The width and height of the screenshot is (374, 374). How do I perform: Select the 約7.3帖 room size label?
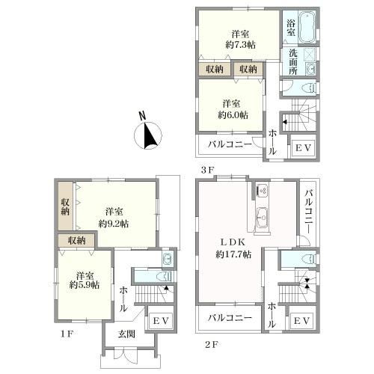(x=240, y=45)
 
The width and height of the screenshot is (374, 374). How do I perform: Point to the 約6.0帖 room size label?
(x=233, y=115)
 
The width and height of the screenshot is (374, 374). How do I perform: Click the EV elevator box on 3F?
(x=303, y=148)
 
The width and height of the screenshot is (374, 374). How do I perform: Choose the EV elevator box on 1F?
(x=161, y=321)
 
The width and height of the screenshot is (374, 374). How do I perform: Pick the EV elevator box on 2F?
(x=301, y=321)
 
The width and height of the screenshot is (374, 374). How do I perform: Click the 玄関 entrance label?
(x=126, y=334)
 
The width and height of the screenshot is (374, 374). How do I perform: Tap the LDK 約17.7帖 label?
(x=233, y=248)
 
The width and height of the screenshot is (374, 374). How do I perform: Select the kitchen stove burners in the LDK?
(x=263, y=190)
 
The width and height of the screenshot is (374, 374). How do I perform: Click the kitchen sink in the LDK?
(x=263, y=218)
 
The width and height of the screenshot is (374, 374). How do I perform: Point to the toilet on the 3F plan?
(x=309, y=88)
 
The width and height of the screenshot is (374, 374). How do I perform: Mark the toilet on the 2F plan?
(x=309, y=259)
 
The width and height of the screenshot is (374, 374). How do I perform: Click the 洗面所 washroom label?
(x=293, y=62)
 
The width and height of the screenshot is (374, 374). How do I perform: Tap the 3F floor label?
(x=208, y=170)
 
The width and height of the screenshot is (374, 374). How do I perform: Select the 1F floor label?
(x=66, y=334)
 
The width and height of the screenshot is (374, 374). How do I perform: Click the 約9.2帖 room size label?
(x=114, y=224)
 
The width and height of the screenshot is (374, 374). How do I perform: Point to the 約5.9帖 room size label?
(x=85, y=285)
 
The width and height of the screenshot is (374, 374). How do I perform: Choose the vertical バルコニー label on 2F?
(x=309, y=211)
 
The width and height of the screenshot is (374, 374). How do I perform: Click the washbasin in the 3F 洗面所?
(x=311, y=68)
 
